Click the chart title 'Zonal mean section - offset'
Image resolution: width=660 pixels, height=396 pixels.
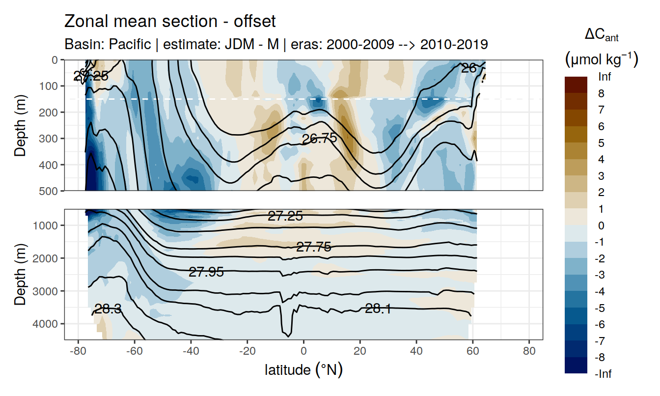pyautogui.click(x=170, y=22)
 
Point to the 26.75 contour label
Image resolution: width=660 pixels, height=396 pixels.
pyautogui.click(x=319, y=139)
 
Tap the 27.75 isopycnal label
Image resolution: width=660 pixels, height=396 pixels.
pyautogui.click(x=313, y=247)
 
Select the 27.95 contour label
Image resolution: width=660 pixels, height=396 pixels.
pyautogui.click(x=206, y=272)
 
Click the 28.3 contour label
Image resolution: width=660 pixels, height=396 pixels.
pyautogui.click(x=108, y=309)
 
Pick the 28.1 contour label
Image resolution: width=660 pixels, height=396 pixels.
pyautogui.click(x=378, y=309)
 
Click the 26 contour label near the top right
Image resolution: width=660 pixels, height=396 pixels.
pyautogui.click(x=469, y=68)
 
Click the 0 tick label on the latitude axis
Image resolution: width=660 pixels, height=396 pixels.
pyautogui.click(x=303, y=352)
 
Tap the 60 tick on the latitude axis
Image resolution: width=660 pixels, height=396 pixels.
pyautogui.click(x=472, y=352)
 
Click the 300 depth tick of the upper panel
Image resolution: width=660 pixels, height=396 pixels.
pyautogui.click(x=48, y=138)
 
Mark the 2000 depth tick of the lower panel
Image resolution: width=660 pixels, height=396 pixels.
pyautogui.click(x=45, y=258)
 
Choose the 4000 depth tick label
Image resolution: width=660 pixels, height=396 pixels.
pyautogui.click(x=45, y=324)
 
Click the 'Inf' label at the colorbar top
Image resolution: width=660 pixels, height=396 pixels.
pyautogui.click(x=605, y=77)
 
